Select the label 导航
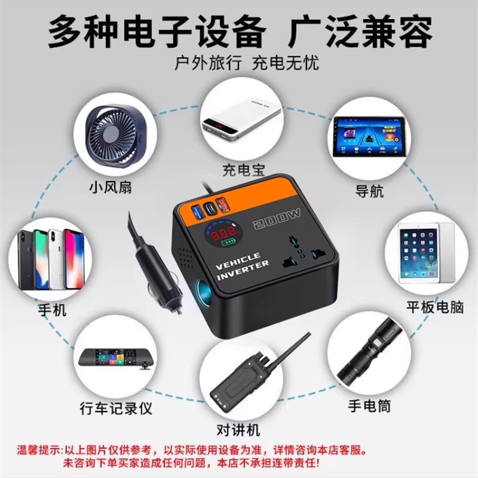click(369, 192)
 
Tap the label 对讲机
click(239, 430)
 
